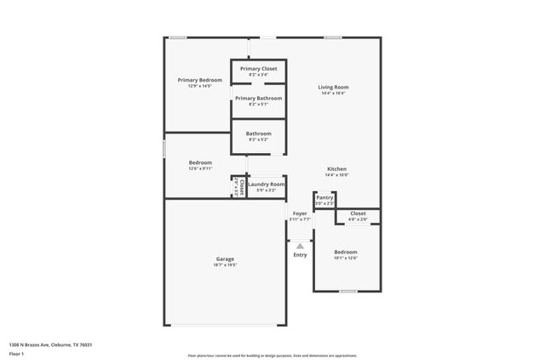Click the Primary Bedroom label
[200, 80]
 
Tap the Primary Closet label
[258, 69]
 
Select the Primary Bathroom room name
[258, 99]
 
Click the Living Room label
[334, 87]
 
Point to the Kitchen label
[337, 169]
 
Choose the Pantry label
[324, 197]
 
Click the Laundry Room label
[266, 184]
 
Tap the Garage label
[225, 259]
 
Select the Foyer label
[300, 213]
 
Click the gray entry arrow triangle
[300, 246]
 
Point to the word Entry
[300, 255]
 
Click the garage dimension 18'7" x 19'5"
[225, 265]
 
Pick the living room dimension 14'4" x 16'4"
[334, 94]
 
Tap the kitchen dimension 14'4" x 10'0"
[337, 175]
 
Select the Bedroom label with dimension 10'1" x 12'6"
[346, 252]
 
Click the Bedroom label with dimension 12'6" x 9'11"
[200, 162]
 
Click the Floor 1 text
[17, 354]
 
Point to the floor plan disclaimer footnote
[272, 355]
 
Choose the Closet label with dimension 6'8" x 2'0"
[358, 213]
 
